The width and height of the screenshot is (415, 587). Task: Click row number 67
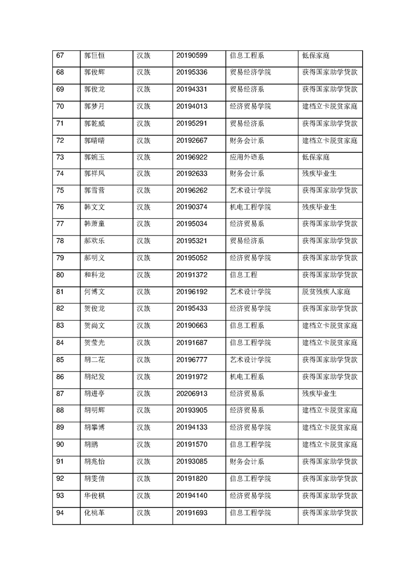pos(60,55)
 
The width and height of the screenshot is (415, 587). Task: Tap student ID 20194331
pos(192,89)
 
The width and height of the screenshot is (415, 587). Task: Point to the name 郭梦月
pos(94,106)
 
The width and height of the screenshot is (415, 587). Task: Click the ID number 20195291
pos(192,123)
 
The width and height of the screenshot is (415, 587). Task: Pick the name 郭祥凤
pos(94,174)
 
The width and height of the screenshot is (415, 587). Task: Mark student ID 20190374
pos(192,207)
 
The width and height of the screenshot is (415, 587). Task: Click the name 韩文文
pos(94,207)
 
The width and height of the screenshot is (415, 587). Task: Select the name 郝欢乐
pos(94,241)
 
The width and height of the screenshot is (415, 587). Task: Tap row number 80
pos(60,275)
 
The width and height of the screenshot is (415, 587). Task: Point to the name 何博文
pos(94,291)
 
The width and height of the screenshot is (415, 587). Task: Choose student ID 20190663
pos(192,325)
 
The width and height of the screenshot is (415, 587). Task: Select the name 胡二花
pos(94,359)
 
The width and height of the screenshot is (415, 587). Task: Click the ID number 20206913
pos(192,393)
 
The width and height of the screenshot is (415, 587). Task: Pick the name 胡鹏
pos(91,445)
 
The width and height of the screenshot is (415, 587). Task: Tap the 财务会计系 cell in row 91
pos(246,461)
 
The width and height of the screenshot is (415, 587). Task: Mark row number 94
pos(60,513)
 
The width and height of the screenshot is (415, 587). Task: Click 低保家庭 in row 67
pos(315,55)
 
